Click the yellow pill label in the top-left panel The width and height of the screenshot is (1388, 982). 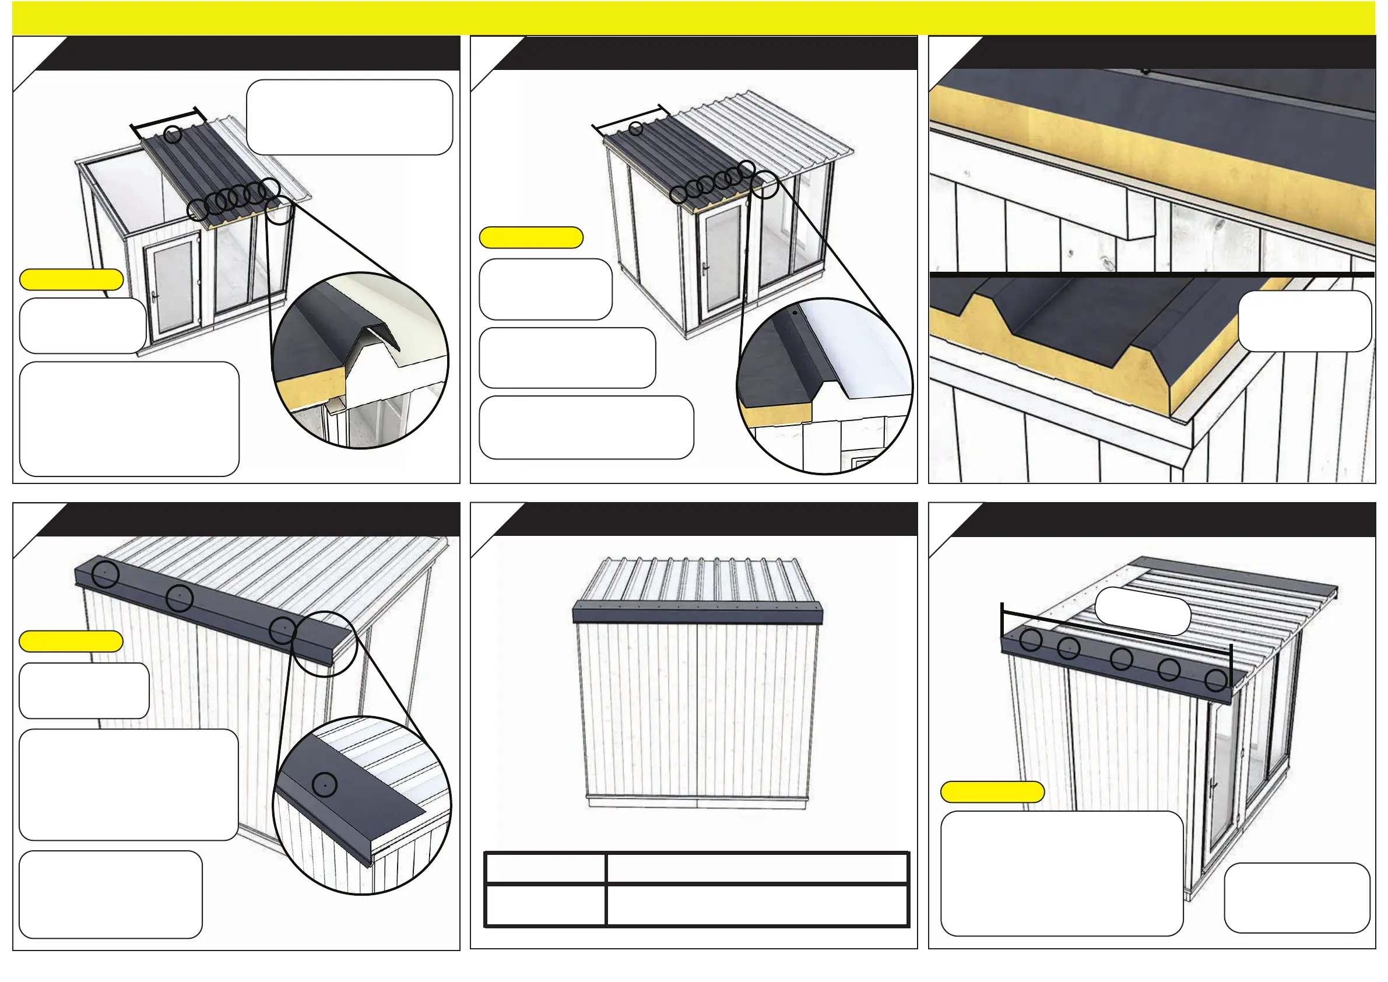[x=71, y=279]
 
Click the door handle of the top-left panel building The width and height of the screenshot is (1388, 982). [x=154, y=297]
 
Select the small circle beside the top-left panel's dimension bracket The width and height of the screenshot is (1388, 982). [x=173, y=134]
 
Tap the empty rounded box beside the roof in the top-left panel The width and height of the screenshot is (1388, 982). [x=349, y=117]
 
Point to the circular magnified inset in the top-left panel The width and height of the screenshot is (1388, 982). [x=360, y=361]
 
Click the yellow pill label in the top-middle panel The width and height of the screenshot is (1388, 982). [x=531, y=238]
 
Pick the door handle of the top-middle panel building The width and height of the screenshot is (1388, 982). [x=705, y=267]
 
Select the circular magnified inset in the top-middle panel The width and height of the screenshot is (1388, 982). [x=824, y=386]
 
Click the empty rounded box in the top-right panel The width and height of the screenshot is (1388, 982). [x=1305, y=321]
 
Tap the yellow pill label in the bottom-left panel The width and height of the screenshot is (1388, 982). [x=71, y=641]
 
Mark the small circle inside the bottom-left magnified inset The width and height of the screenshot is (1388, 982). [x=325, y=784]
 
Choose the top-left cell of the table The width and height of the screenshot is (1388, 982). [x=545, y=868]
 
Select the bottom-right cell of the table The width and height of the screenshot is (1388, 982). [x=757, y=904]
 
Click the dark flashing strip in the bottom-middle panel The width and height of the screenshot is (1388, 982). [x=697, y=616]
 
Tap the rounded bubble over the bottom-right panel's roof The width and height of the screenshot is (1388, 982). [x=1143, y=611]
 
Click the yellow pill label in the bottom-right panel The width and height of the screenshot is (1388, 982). [x=992, y=791]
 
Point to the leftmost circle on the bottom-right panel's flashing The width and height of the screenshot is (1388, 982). [x=1031, y=640]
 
